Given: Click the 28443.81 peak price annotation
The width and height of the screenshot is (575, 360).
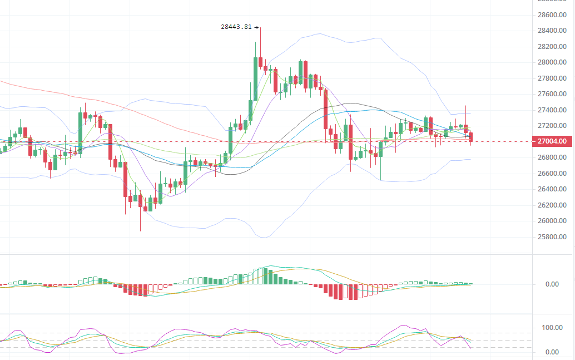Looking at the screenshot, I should tap(236, 27).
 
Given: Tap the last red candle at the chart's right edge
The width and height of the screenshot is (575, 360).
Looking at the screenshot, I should tap(471, 137).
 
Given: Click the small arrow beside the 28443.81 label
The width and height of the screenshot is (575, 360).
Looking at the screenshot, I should tap(256, 27).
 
